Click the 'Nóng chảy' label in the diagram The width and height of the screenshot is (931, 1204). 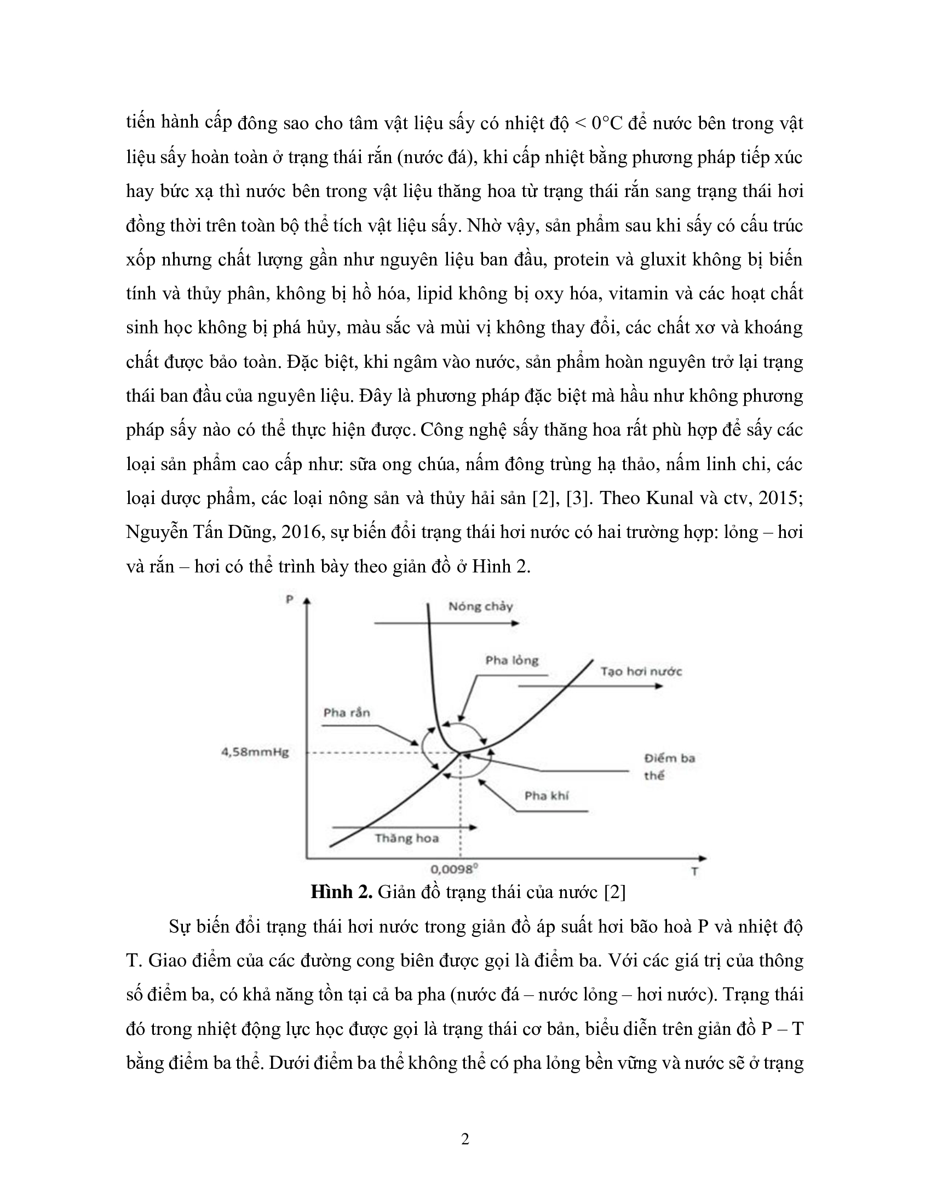pyautogui.click(x=480, y=607)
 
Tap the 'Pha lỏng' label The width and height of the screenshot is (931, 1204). pyautogui.click(x=512, y=661)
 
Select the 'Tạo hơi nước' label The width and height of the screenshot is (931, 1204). pyautogui.click(x=641, y=672)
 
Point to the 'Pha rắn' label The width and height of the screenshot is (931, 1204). pyautogui.click(x=346, y=713)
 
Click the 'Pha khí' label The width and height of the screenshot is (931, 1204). pyautogui.click(x=546, y=796)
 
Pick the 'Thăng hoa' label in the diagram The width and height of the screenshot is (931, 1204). pyautogui.click(x=406, y=838)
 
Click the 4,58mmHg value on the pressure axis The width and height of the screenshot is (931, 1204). pyautogui.click(x=255, y=752)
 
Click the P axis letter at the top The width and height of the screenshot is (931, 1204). pyautogui.click(x=289, y=599)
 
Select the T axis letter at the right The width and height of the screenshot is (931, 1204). pyautogui.click(x=694, y=872)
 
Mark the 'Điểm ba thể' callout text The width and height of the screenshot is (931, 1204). pyautogui.click(x=669, y=766)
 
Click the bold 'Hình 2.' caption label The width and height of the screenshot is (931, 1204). pyautogui.click(x=341, y=892)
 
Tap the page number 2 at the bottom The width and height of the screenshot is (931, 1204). pyautogui.click(x=465, y=1139)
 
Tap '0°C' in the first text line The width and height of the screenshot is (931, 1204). pyautogui.click(x=606, y=123)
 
